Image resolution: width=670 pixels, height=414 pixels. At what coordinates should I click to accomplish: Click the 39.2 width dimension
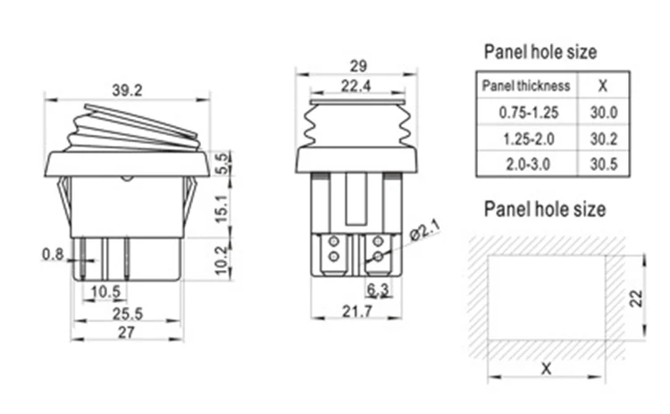point(127,90)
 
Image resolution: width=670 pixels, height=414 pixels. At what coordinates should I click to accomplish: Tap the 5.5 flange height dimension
point(222,163)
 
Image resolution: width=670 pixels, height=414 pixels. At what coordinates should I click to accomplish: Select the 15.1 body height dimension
point(222,208)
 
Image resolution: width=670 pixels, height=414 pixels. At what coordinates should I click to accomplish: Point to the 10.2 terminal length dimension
point(222,260)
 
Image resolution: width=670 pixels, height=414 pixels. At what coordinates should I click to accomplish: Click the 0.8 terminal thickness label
point(53,255)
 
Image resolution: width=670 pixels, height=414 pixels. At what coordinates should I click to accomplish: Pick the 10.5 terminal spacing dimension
point(105,291)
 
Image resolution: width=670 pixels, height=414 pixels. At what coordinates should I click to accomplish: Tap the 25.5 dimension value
point(128,314)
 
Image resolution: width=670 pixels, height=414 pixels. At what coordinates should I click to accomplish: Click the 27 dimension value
point(127,333)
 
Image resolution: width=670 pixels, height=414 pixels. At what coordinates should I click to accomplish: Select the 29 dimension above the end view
point(358,66)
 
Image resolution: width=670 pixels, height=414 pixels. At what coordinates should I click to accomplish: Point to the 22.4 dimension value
point(356,86)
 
